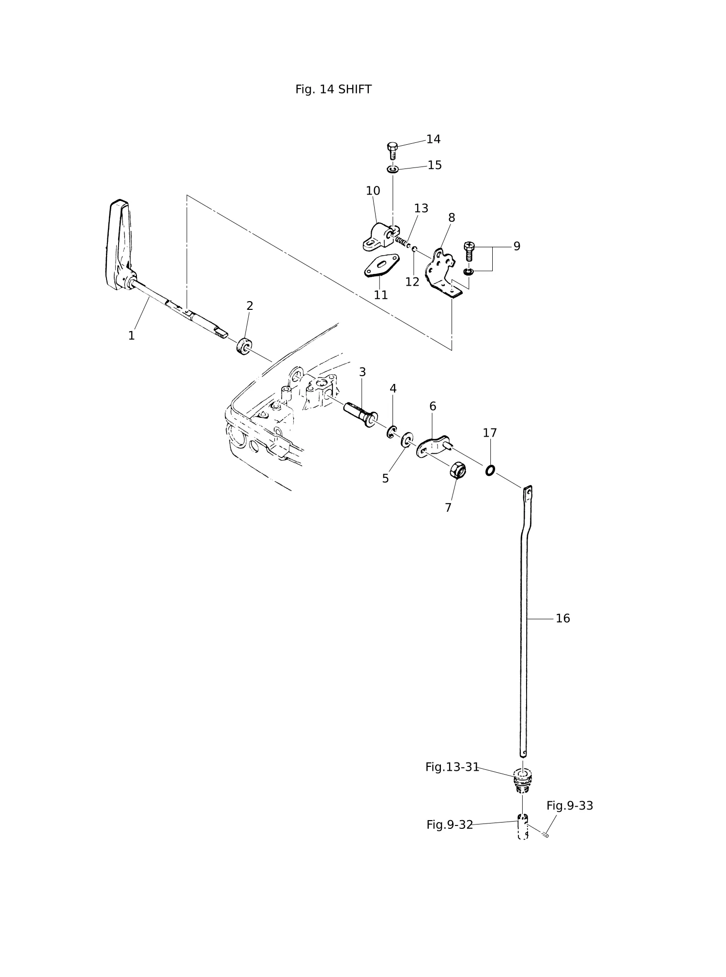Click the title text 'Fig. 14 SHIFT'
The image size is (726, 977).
(x=333, y=90)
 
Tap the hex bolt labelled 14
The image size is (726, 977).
(x=393, y=151)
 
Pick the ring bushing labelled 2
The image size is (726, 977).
(x=244, y=346)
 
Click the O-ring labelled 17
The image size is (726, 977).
(x=490, y=470)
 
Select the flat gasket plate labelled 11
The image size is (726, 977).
(x=381, y=265)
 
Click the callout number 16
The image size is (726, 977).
(x=563, y=618)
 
